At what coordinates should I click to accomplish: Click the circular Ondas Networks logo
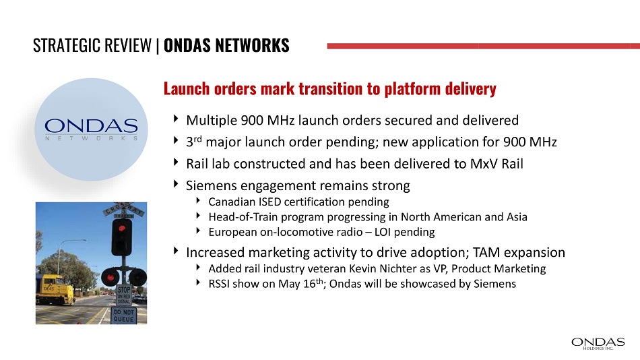pyautogui.click(x=91, y=129)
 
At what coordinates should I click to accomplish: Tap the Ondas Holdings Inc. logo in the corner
pyautogui.click(x=598, y=344)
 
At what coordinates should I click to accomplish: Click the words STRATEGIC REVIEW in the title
pyautogui.click(x=92, y=45)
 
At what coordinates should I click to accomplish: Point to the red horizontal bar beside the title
pyautogui.click(x=483, y=46)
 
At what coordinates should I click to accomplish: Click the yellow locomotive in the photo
pyautogui.click(x=55, y=289)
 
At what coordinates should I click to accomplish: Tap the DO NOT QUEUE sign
pyautogui.click(x=123, y=316)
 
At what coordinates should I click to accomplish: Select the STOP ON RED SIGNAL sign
pyautogui.click(x=124, y=295)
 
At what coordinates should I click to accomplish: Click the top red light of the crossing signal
pyautogui.click(x=122, y=228)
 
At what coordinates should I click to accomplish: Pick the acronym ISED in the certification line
pyautogui.click(x=269, y=202)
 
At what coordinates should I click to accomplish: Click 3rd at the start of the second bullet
pyautogui.click(x=194, y=142)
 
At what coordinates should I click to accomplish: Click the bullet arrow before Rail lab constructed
pyautogui.click(x=176, y=162)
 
